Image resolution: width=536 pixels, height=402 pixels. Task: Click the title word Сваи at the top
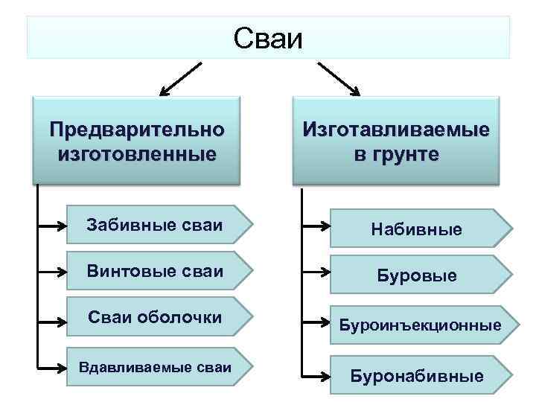coord(268,38)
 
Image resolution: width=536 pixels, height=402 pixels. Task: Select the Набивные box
coord(420,229)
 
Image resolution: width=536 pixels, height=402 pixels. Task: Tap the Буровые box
coord(420,275)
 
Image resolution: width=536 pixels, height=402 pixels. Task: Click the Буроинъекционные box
coord(420,325)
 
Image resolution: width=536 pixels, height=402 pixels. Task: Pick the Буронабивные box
coord(420,376)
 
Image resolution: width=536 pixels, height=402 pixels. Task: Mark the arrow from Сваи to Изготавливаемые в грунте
coord(339,80)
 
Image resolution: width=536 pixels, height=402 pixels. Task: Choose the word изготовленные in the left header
coord(137,156)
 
